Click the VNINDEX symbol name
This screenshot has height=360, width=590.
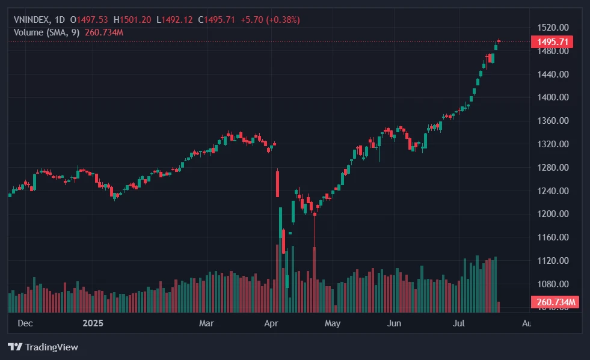31,20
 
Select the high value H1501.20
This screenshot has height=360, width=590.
132,20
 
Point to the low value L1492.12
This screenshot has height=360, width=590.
174,20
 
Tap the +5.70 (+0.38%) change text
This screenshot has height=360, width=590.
269,20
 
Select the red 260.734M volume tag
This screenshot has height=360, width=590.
555,302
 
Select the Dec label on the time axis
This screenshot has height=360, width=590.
25,323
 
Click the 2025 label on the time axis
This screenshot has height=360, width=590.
93,323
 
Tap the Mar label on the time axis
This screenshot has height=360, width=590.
206,323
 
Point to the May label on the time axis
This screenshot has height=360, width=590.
332,323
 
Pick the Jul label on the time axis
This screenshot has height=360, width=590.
459,323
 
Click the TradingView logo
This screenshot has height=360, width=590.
43,347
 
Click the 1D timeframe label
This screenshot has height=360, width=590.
60,20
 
